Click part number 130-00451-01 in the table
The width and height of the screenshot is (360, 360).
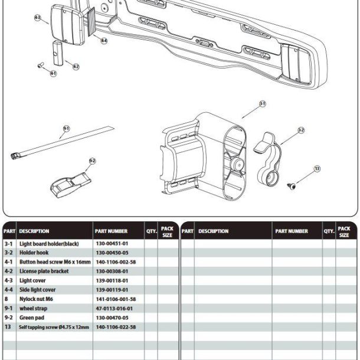(x=112, y=243)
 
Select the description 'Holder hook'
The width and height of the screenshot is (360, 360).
(x=34, y=253)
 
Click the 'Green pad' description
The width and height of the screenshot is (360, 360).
(x=32, y=318)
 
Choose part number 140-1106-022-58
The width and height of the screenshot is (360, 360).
(x=116, y=327)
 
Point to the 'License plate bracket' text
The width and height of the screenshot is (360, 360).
(x=44, y=271)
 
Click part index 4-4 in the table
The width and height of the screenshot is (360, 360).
(x=9, y=290)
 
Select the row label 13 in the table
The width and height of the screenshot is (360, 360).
(x=8, y=327)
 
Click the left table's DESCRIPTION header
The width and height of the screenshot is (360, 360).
(x=34, y=231)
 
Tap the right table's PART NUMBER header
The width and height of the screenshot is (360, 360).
(x=290, y=231)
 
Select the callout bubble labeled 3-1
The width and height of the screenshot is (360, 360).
(x=263, y=104)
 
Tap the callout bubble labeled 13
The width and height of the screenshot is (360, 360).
(x=317, y=169)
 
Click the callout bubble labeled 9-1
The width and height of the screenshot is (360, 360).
(x=66, y=128)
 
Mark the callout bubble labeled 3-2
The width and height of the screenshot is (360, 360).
(x=300, y=130)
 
